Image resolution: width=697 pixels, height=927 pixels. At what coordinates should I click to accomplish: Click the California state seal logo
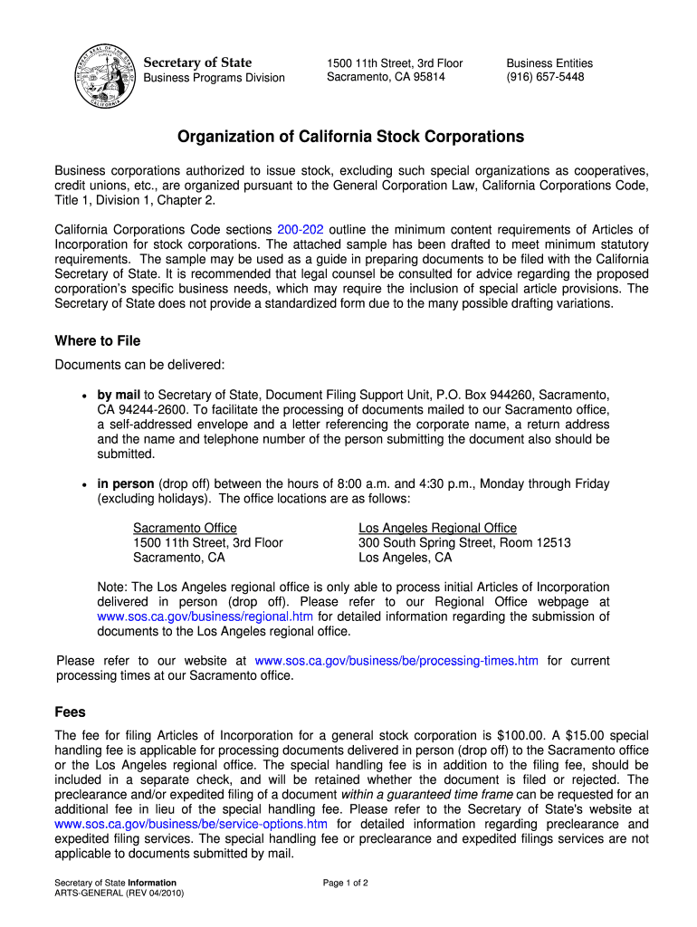(x=108, y=75)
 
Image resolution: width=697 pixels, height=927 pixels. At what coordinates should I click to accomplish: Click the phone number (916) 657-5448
(x=545, y=77)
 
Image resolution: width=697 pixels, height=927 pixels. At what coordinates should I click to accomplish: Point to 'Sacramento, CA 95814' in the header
(x=386, y=77)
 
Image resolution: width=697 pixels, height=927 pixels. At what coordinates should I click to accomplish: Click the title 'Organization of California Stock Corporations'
(x=350, y=137)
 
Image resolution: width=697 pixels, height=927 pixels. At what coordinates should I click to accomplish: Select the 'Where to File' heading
(x=98, y=341)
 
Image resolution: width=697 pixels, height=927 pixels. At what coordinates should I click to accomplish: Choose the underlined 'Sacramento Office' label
(x=185, y=528)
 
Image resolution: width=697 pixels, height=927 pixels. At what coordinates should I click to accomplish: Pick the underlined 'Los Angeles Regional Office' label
(x=437, y=528)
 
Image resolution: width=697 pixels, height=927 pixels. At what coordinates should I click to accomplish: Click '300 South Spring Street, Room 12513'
(x=464, y=543)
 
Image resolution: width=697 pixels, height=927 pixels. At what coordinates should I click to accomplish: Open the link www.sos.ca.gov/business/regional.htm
(x=205, y=616)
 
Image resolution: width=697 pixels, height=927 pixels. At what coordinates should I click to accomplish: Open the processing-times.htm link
(x=397, y=661)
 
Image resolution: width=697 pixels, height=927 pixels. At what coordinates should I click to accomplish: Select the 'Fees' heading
(x=71, y=712)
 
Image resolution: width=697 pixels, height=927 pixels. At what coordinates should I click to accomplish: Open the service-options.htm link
(x=191, y=824)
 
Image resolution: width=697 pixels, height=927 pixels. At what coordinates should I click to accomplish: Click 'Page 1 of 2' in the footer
(x=345, y=883)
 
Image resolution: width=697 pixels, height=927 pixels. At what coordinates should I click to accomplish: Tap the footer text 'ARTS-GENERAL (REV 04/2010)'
(x=119, y=894)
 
